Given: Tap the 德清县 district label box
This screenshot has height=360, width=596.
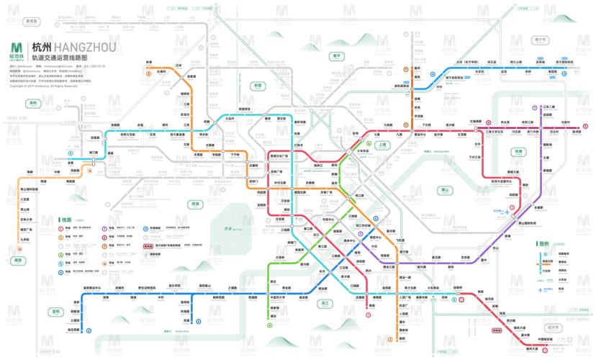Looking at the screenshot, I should tap(31, 22).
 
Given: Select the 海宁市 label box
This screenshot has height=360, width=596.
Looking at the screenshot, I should tap(541, 40).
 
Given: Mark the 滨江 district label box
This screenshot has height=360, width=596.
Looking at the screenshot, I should tap(325, 303).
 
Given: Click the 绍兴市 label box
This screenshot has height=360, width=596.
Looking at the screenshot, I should tap(551, 326).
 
